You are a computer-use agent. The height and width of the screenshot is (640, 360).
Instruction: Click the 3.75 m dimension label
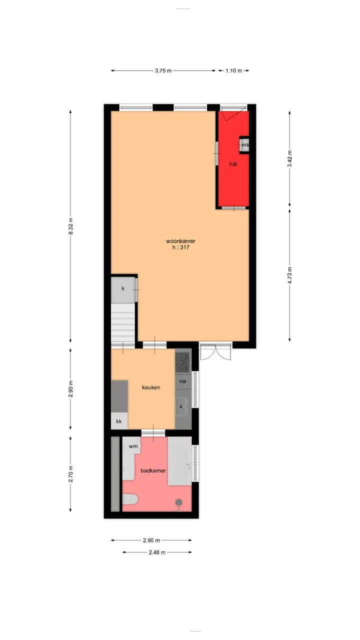[x=163, y=70]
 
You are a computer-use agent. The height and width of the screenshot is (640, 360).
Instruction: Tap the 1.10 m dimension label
[x=233, y=70]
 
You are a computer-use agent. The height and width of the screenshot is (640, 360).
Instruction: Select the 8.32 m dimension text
[x=71, y=226]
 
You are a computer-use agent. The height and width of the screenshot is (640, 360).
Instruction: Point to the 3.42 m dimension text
[x=289, y=158]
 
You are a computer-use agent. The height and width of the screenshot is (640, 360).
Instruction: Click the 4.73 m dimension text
[x=289, y=275]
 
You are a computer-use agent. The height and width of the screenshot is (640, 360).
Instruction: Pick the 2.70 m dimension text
[x=71, y=474]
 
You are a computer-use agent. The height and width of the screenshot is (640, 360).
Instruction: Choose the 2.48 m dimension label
[x=157, y=552]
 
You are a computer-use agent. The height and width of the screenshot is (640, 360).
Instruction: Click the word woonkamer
[x=180, y=241]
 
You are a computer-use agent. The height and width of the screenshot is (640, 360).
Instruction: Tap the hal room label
[x=233, y=164]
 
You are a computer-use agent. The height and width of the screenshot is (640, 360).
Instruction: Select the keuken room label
[x=151, y=387]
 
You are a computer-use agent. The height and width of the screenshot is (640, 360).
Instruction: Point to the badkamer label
[x=153, y=470]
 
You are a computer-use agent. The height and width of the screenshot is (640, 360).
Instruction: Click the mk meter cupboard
[x=244, y=145]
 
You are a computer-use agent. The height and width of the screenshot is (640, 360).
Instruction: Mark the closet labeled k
[x=123, y=289]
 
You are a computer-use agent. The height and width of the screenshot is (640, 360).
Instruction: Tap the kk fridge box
[x=119, y=421]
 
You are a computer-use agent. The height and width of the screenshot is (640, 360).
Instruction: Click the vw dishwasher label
[x=182, y=381]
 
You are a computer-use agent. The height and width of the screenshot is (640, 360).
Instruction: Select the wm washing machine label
[x=133, y=446]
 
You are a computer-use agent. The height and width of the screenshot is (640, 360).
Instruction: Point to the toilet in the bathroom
[x=130, y=499]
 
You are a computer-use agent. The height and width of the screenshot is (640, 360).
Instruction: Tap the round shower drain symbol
[x=179, y=501]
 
